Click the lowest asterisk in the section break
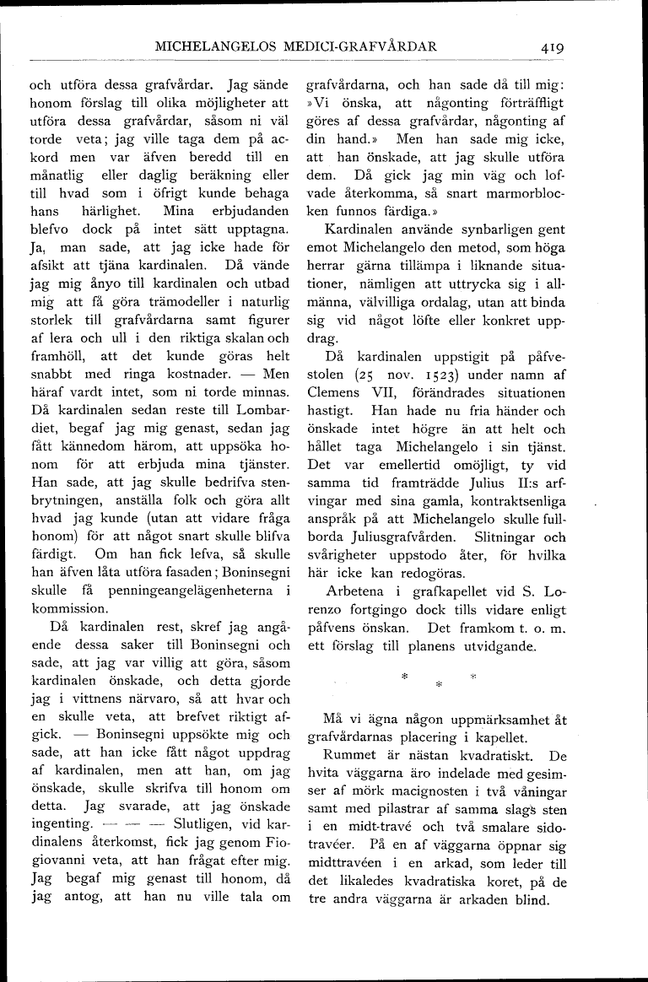tap(438, 685)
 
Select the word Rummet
tap(352, 758)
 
